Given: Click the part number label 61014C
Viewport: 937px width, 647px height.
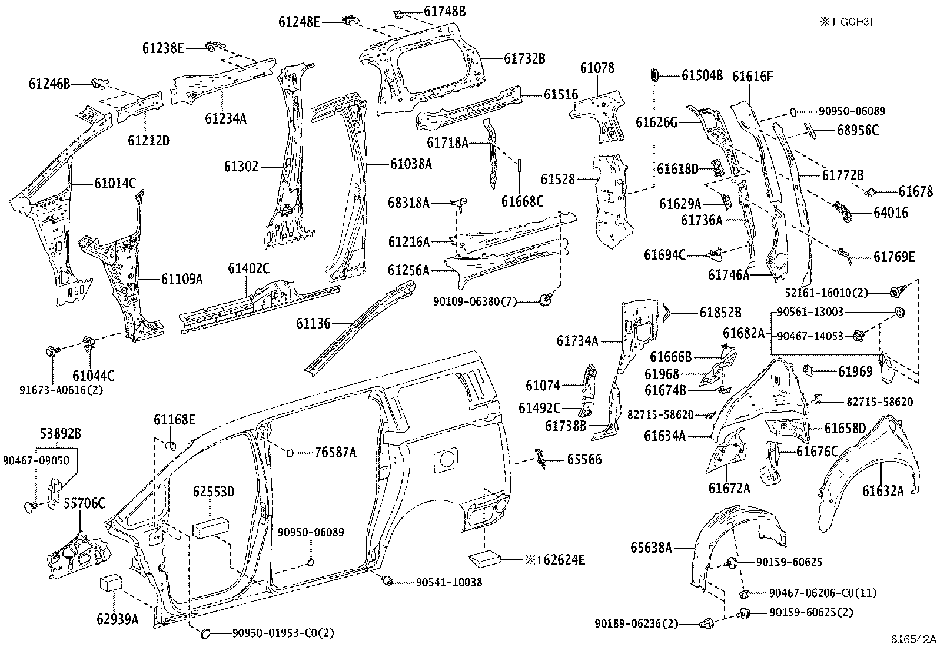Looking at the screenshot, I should (115, 184).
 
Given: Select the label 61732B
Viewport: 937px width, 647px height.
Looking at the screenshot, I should (524, 59).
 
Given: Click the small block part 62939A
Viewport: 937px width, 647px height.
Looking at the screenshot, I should (110, 584).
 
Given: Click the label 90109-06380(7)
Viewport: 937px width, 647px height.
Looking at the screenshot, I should (475, 301).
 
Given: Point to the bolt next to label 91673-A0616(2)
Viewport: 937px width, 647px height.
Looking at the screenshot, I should (51, 352).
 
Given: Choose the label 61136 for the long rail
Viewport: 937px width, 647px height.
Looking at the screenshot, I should (313, 323).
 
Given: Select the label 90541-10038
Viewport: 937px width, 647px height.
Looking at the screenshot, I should (448, 582).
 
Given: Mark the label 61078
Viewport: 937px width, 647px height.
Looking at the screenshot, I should (597, 68).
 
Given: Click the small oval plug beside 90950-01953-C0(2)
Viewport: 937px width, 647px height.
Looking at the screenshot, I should (207, 633).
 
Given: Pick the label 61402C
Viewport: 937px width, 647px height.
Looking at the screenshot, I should (248, 269).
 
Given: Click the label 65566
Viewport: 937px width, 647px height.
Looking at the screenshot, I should (584, 460).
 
